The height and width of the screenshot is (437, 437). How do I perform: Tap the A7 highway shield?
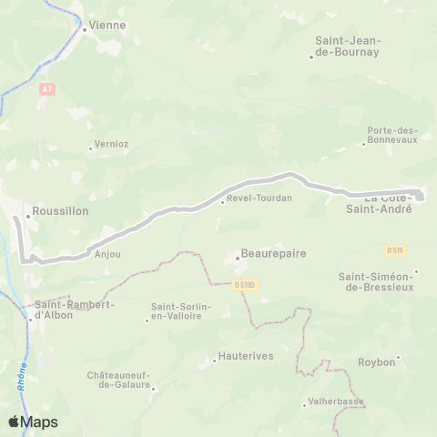tap(47, 89)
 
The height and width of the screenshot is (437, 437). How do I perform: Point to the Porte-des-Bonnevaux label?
tap(391, 136)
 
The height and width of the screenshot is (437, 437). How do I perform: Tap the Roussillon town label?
tap(60, 210)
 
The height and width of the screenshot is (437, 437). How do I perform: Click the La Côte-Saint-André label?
tap(388, 204)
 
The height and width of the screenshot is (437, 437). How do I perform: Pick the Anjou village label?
tap(107, 255)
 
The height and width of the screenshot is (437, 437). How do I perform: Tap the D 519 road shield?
tap(394, 249)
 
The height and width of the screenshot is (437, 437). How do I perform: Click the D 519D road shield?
tap(244, 285)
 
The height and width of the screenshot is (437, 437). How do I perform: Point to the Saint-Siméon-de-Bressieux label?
tap(374, 281)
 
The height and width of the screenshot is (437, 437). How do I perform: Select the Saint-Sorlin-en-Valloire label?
tap(181, 312)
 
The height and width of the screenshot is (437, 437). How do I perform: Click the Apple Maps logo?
tap(33, 422)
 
